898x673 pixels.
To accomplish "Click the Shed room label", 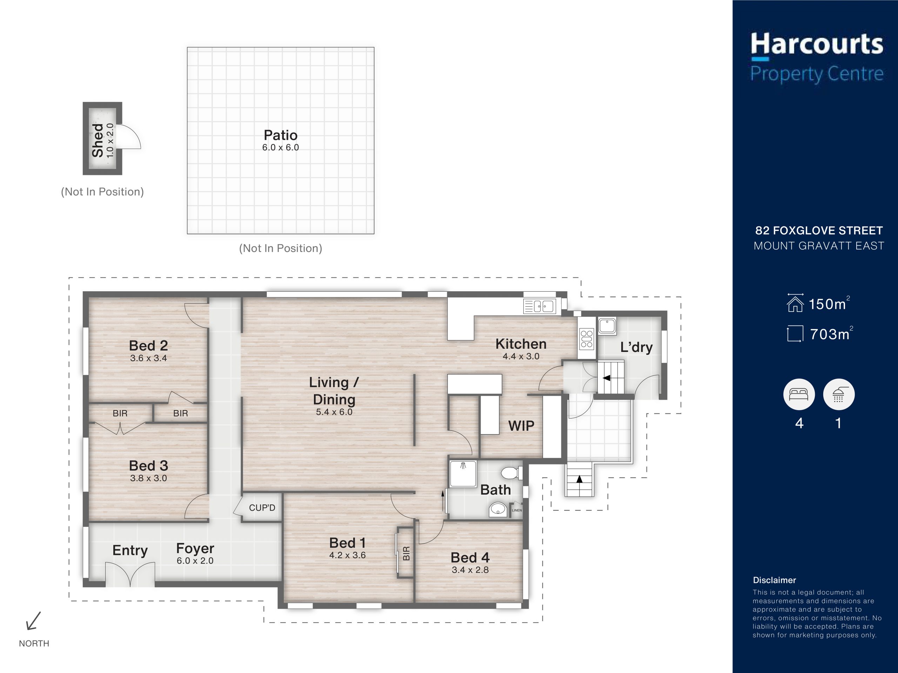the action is (x=98, y=140).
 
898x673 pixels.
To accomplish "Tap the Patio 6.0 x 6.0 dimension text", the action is (x=281, y=148).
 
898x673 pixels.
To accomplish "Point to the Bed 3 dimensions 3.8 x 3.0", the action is (x=149, y=478).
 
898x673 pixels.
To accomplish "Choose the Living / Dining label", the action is (x=334, y=391).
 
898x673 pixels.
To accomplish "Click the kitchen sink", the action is (x=539, y=306).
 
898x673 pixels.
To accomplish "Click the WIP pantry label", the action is (x=521, y=426).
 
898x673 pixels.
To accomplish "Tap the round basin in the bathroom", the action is (x=497, y=509).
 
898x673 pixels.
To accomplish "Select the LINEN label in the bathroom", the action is (x=517, y=510).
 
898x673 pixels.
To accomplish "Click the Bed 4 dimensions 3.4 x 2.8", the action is (x=470, y=570).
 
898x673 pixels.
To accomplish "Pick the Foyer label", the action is (x=195, y=549).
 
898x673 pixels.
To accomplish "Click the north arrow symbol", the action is (x=33, y=621).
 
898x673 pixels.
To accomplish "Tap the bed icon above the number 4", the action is (x=798, y=394).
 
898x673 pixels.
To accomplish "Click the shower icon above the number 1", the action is (x=839, y=394).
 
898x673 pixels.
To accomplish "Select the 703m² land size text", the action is (x=831, y=333).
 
